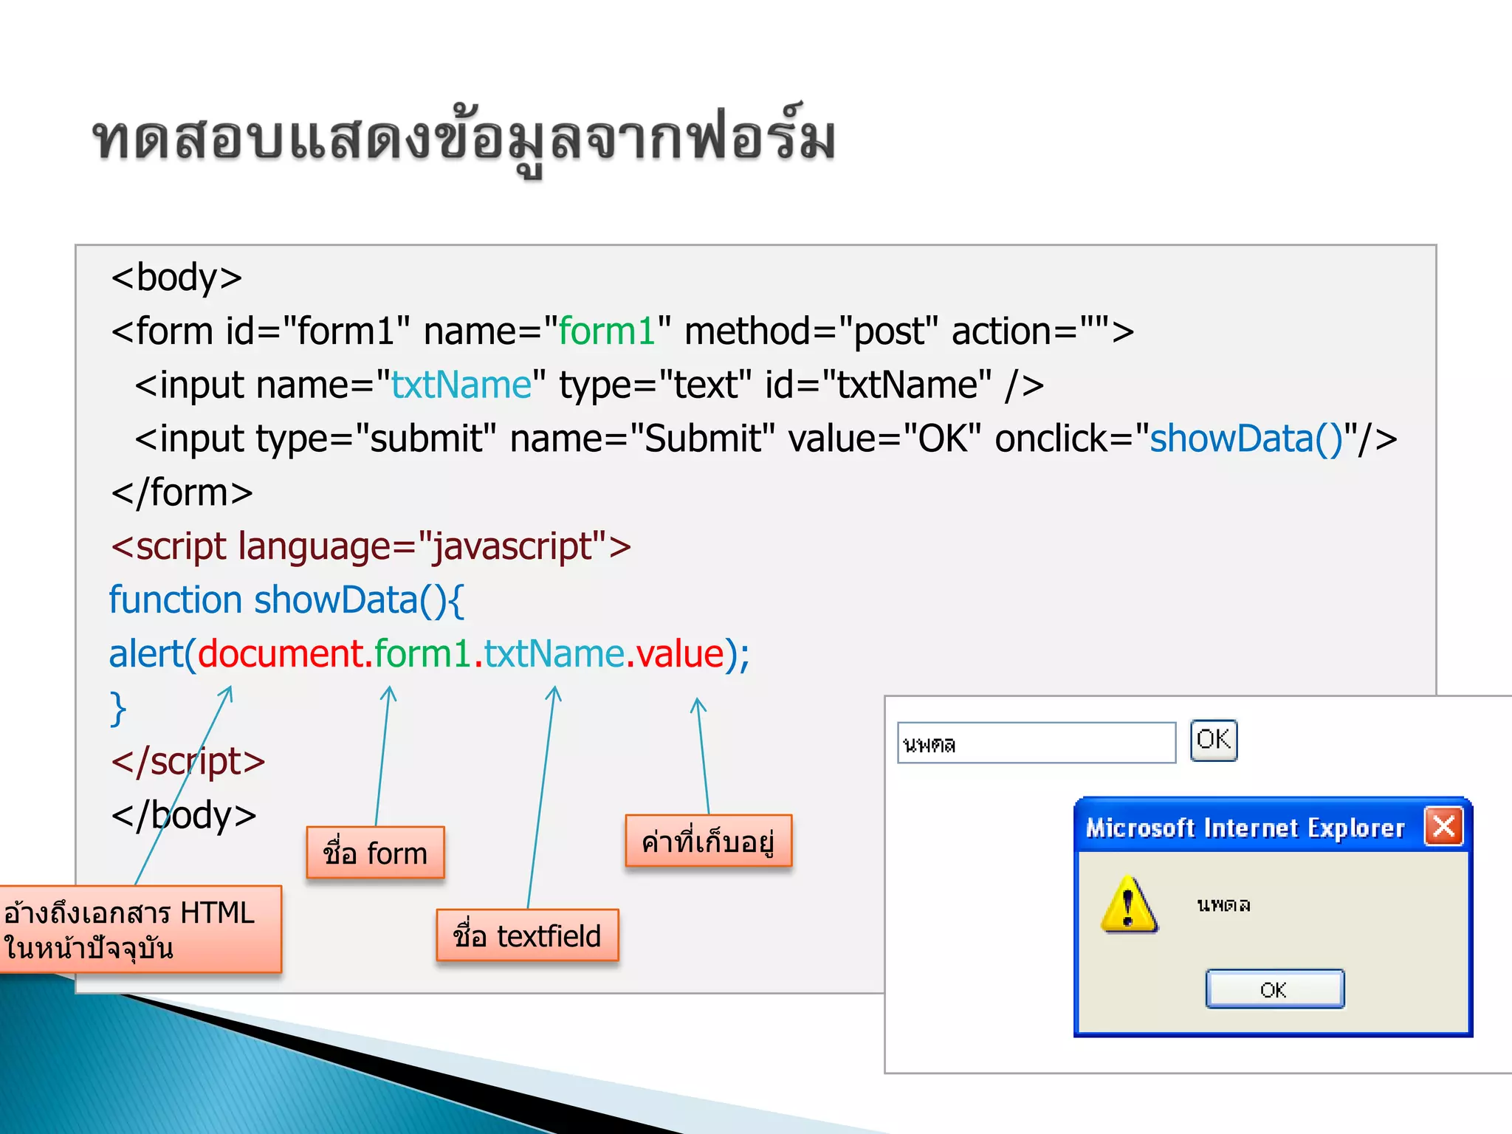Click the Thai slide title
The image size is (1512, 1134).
click(464, 139)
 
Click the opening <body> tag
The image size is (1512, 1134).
click(176, 278)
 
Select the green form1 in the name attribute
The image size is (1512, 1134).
click(606, 331)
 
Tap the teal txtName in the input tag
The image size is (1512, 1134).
click(461, 385)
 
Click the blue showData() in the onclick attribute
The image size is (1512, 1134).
click(1246, 439)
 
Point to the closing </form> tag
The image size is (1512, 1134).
click(182, 492)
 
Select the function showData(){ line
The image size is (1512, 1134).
click(286, 600)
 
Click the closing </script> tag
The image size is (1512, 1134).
click(188, 761)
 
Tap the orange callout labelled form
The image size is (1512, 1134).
click(375, 853)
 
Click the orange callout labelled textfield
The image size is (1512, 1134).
click(527, 935)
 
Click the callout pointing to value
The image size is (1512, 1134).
click(708, 841)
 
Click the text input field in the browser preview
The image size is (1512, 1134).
click(1036, 743)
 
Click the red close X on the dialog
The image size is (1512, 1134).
click(1444, 826)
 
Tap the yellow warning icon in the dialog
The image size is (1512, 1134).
click(1128, 904)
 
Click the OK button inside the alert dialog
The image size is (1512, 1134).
click(1274, 989)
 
